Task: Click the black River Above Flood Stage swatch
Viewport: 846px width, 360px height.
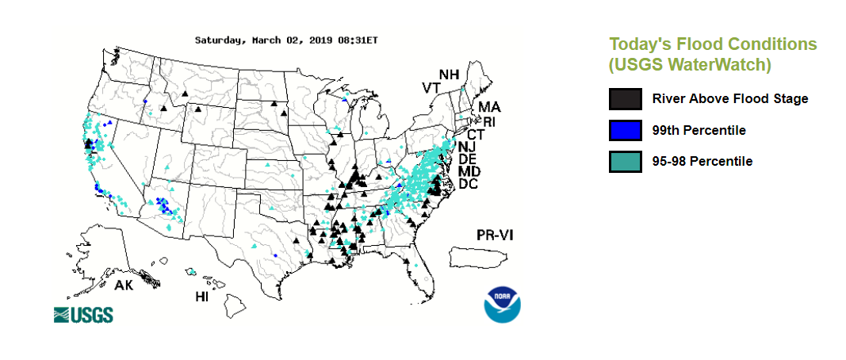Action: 625,99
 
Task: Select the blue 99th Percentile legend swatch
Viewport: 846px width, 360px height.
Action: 625,130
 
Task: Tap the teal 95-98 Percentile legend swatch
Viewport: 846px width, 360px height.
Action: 625,161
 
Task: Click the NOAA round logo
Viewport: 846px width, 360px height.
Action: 504,304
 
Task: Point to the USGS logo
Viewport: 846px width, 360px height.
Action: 83,315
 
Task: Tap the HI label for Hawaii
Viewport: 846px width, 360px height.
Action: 203,297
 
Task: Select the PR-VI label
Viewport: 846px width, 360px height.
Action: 496,236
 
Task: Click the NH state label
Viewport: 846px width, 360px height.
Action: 449,75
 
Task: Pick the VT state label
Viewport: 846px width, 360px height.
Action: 431,87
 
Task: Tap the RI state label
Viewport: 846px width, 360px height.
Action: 489,121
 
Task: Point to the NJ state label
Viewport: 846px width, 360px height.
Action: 467,147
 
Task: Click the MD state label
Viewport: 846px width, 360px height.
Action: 469,171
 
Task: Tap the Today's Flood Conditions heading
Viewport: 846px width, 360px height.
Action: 712,44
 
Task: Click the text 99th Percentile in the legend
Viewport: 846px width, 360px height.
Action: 699,130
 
